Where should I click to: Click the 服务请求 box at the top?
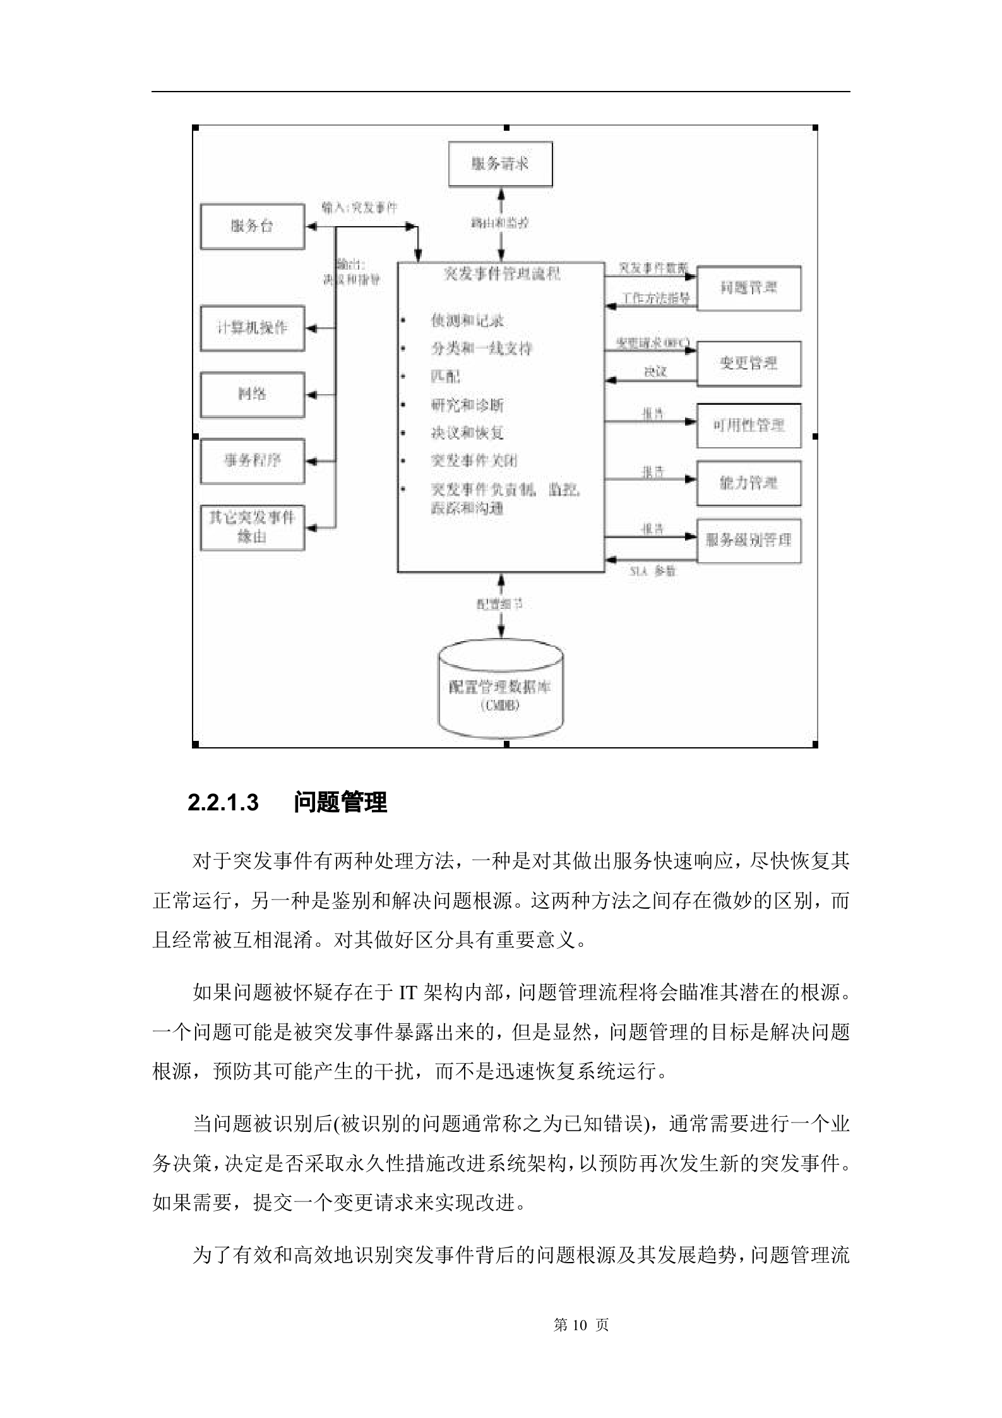[x=500, y=164]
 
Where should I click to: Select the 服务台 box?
[x=252, y=226]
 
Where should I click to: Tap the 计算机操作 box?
[x=252, y=328]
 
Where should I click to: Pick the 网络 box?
[x=252, y=394]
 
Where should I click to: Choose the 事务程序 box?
[x=252, y=460]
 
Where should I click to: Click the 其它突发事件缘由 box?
[x=252, y=527]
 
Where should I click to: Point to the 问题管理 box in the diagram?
[x=748, y=288]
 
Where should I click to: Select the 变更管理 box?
[x=748, y=363]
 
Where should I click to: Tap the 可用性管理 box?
[x=748, y=425]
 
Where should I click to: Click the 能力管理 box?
[x=748, y=483]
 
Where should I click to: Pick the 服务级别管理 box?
[x=748, y=541]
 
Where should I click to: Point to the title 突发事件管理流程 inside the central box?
[x=501, y=274]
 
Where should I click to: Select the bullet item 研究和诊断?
[x=467, y=405]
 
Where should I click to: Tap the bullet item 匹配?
[x=446, y=376]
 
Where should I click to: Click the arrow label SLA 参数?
[x=652, y=571]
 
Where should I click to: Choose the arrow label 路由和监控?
[x=500, y=223]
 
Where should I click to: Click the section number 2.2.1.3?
[x=224, y=803]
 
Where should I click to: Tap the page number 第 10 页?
[x=581, y=1325]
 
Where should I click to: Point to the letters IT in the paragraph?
[x=408, y=994]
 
